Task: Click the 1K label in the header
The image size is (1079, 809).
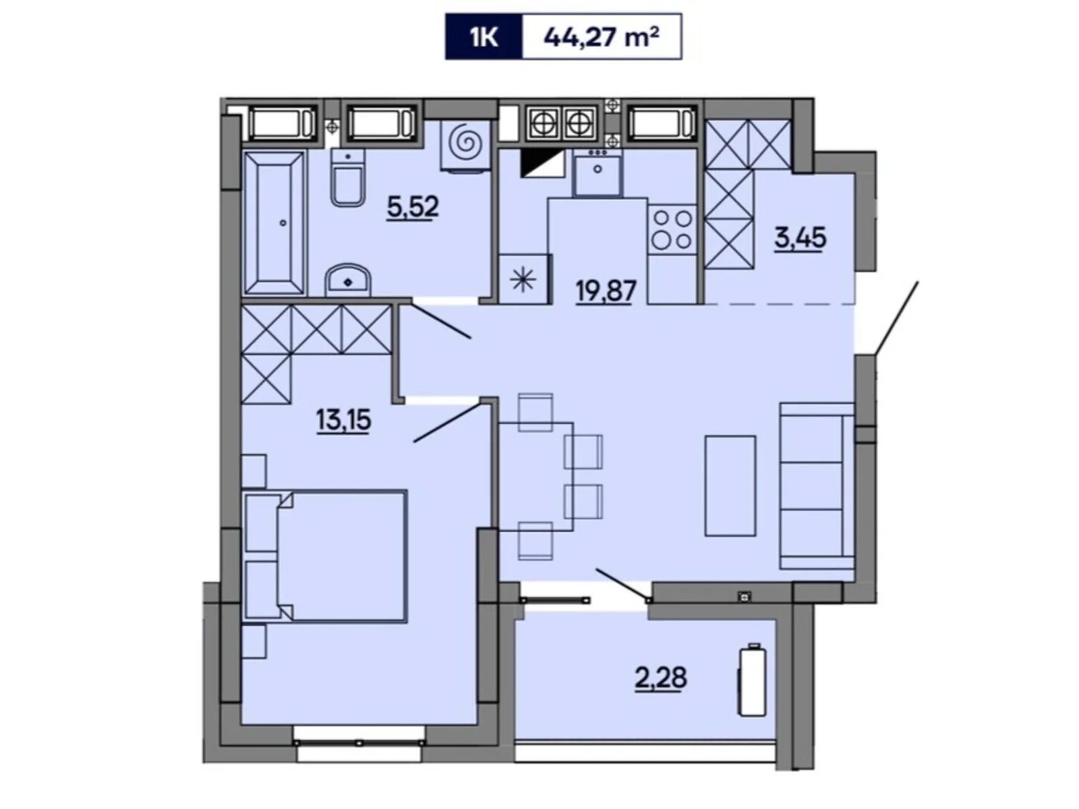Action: pos(484,36)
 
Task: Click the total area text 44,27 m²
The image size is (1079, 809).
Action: pos(601,36)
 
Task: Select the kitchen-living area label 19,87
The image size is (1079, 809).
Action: pos(606,291)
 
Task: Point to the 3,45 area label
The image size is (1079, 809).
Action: pos(800,238)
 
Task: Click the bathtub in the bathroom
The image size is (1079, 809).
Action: pos(274,222)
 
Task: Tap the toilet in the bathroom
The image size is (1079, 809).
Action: pos(347,179)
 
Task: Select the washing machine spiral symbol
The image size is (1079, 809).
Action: pos(465,143)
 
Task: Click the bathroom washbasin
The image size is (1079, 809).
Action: pos(347,280)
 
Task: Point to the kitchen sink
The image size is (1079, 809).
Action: pos(597,173)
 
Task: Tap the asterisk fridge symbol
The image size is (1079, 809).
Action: pos(523,280)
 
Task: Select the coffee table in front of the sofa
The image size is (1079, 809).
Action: pos(730,485)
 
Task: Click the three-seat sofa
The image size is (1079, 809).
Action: pos(816,485)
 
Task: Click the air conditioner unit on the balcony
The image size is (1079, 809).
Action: pos(752,681)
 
